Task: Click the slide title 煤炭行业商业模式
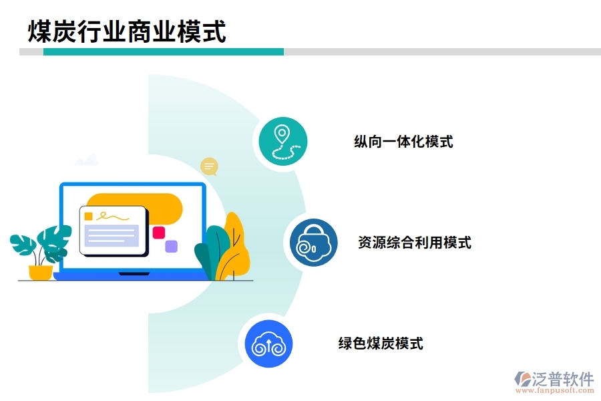point(127,31)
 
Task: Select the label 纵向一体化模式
point(403,142)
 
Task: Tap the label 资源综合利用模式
point(414,243)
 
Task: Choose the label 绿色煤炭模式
point(381,344)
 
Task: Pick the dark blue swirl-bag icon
point(313,243)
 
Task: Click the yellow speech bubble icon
point(210,166)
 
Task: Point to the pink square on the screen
point(159,233)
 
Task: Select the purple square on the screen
point(172,246)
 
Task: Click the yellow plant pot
point(41,272)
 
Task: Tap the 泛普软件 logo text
point(563,379)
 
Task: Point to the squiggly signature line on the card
point(112,216)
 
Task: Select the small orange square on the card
point(88,216)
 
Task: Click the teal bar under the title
point(164,51)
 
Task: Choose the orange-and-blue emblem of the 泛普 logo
point(522,379)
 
